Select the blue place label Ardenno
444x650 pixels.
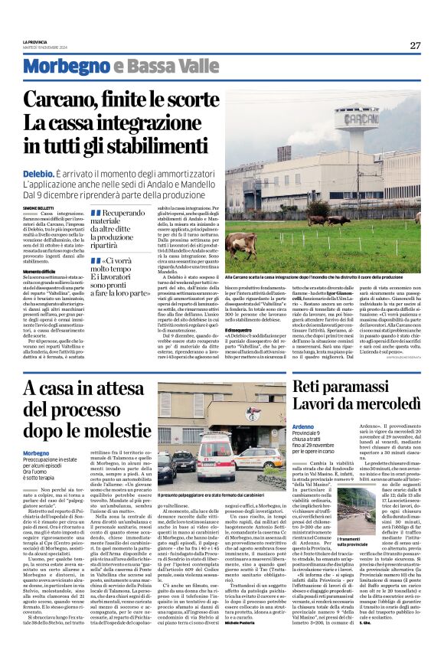coord(304,426)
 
